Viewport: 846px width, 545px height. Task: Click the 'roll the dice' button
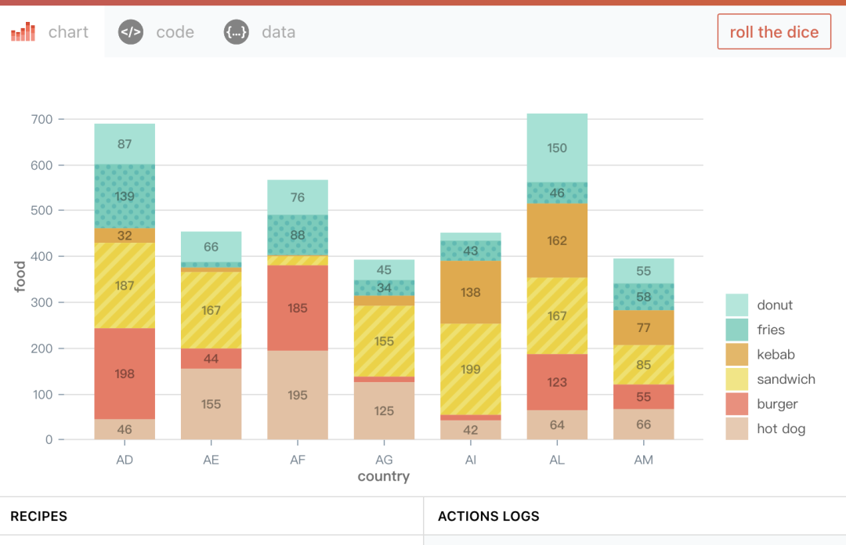774,32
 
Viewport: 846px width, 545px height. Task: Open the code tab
157,32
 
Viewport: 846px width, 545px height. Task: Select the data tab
260,32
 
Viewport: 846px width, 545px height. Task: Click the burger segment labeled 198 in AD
125,374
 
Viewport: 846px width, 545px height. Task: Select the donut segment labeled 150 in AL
557,148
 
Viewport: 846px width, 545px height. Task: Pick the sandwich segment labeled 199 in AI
471,369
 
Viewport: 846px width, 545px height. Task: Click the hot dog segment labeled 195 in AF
298,395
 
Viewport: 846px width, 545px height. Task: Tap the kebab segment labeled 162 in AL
557,240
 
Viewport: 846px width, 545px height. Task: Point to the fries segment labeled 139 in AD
125,197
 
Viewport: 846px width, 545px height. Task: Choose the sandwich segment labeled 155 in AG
384,341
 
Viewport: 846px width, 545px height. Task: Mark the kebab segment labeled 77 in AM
643,327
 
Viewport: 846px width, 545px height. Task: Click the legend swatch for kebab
737,355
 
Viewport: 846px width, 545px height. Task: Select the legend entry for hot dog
781,428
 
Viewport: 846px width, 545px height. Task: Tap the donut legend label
775,305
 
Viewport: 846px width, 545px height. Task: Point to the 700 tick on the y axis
43,120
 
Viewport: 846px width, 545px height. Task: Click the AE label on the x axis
211,460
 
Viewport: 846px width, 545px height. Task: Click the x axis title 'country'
384,476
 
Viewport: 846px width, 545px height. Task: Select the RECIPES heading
39,516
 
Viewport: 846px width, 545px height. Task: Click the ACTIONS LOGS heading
489,516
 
